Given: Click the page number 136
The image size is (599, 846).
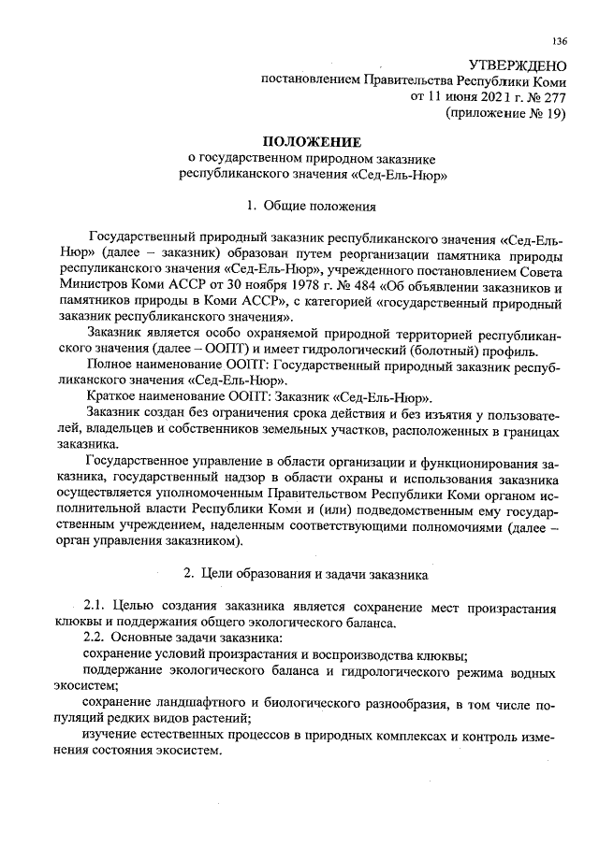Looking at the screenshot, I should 560,40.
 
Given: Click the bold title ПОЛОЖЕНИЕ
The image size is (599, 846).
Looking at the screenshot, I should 312,141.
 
